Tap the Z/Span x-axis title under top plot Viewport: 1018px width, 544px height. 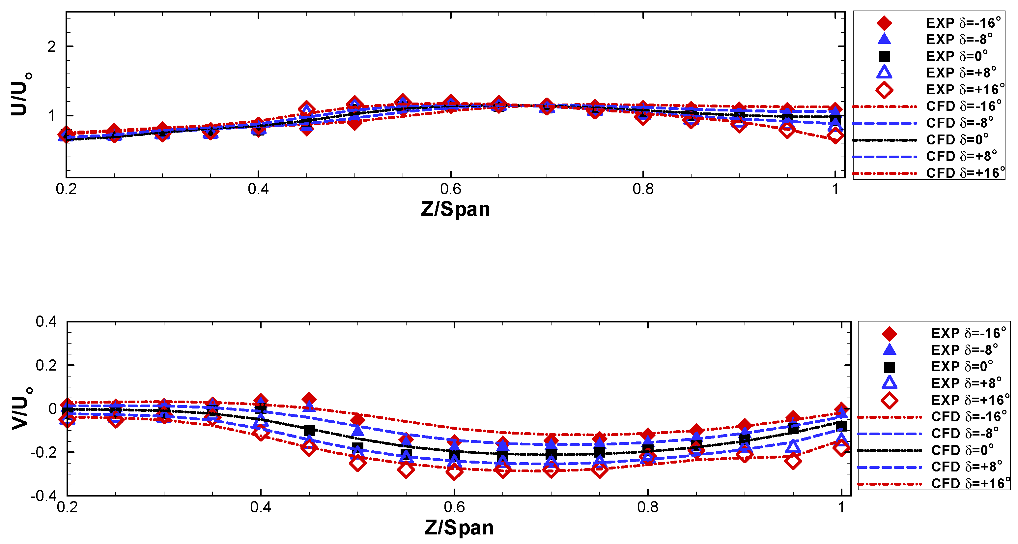(x=455, y=209)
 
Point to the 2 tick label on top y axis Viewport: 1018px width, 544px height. (x=51, y=46)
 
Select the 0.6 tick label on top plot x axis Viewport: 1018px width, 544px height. (x=450, y=189)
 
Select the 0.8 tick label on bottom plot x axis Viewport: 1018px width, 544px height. (x=648, y=507)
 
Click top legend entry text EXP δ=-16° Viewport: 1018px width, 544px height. (x=963, y=23)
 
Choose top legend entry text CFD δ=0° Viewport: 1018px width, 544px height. (x=957, y=139)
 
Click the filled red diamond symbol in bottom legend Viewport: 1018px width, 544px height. (x=889, y=333)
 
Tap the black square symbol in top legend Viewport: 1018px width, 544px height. (x=884, y=56)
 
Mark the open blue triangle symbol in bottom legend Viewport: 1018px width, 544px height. (x=889, y=383)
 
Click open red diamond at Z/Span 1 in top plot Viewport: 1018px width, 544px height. (x=835, y=136)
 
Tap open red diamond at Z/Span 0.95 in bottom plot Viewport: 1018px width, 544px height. (x=793, y=461)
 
